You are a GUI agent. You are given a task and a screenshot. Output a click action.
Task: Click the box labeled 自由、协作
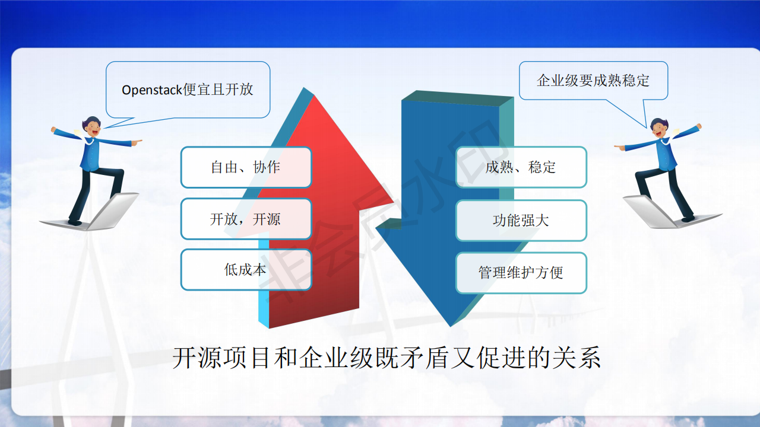[x=246, y=167]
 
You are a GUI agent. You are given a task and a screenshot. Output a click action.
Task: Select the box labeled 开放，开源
[x=246, y=219]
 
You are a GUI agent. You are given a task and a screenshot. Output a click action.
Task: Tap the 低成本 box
[x=246, y=270]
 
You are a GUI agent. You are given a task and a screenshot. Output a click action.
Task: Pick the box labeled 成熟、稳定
[x=521, y=167]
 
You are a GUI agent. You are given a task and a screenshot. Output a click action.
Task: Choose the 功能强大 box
[x=521, y=220]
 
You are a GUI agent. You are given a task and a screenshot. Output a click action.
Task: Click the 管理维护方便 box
[x=521, y=272]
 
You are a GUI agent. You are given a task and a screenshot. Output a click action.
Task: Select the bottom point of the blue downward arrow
[x=451, y=326]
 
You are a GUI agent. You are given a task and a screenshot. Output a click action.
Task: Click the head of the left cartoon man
[x=91, y=126]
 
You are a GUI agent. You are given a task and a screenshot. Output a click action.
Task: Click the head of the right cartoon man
[x=659, y=128]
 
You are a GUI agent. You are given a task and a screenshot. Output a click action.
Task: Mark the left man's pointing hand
[x=137, y=142]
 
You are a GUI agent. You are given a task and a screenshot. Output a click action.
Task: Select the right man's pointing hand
[x=619, y=147]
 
